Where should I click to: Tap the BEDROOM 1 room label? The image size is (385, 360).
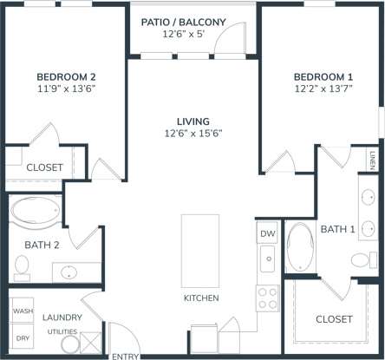pos(323,75)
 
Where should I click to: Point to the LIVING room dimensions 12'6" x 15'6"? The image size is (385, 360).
pos(193,134)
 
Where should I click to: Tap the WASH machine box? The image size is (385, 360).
pos(21,311)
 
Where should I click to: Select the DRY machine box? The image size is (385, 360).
pos(21,338)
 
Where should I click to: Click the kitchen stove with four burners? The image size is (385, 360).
pos(268,298)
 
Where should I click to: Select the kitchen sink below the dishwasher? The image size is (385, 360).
pos(268,259)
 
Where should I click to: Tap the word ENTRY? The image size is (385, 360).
pos(125,356)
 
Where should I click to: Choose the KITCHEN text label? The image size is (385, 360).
pos(200,298)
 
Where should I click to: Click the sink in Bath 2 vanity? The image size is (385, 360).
pos(67,273)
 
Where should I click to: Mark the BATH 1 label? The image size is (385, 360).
pos(337,229)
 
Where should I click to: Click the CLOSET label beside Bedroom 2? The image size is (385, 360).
pos(42,167)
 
